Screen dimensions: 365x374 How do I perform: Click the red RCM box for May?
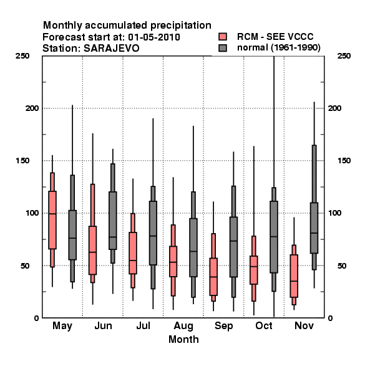[52, 220]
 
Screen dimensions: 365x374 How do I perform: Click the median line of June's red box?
[92, 252]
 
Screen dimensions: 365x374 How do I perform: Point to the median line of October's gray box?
[274, 237]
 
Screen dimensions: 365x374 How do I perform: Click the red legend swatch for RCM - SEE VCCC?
[223, 37]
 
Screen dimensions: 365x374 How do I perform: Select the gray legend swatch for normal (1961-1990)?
[223, 48]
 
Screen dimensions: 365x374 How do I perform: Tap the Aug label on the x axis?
[183, 326]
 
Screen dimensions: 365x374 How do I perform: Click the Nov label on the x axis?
[304, 325]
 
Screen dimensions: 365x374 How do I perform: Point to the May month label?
[62, 326]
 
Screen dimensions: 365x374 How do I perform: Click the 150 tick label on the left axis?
[22, 161]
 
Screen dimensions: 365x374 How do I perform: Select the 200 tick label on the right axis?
[334, 108]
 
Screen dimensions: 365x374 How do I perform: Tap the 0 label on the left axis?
[36, 318]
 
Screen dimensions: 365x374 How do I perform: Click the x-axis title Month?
[183, 339]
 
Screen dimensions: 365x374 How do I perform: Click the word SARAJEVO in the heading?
[112, 49]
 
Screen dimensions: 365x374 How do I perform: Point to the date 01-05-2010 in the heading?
[154, 37]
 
